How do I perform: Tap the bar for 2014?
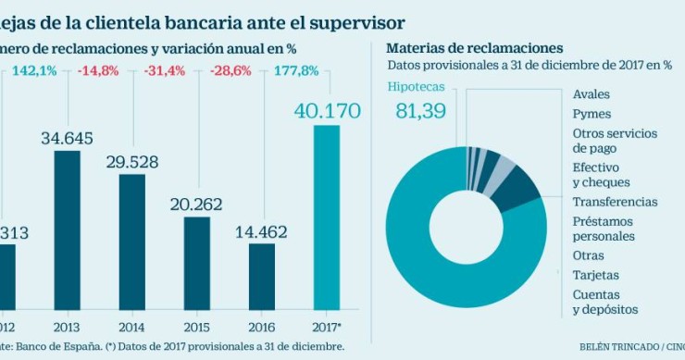coord(132,242)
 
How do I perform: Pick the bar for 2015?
coord(197,263)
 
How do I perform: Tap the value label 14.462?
coord(263,232)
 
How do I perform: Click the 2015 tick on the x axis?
coord(197,326)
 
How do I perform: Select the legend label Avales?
coord(592,94)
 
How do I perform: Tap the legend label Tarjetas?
coord(597,275)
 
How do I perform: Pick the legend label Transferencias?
coord(615,202)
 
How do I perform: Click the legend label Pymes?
coord(592,114)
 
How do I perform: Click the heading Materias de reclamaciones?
coord(474,47)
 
